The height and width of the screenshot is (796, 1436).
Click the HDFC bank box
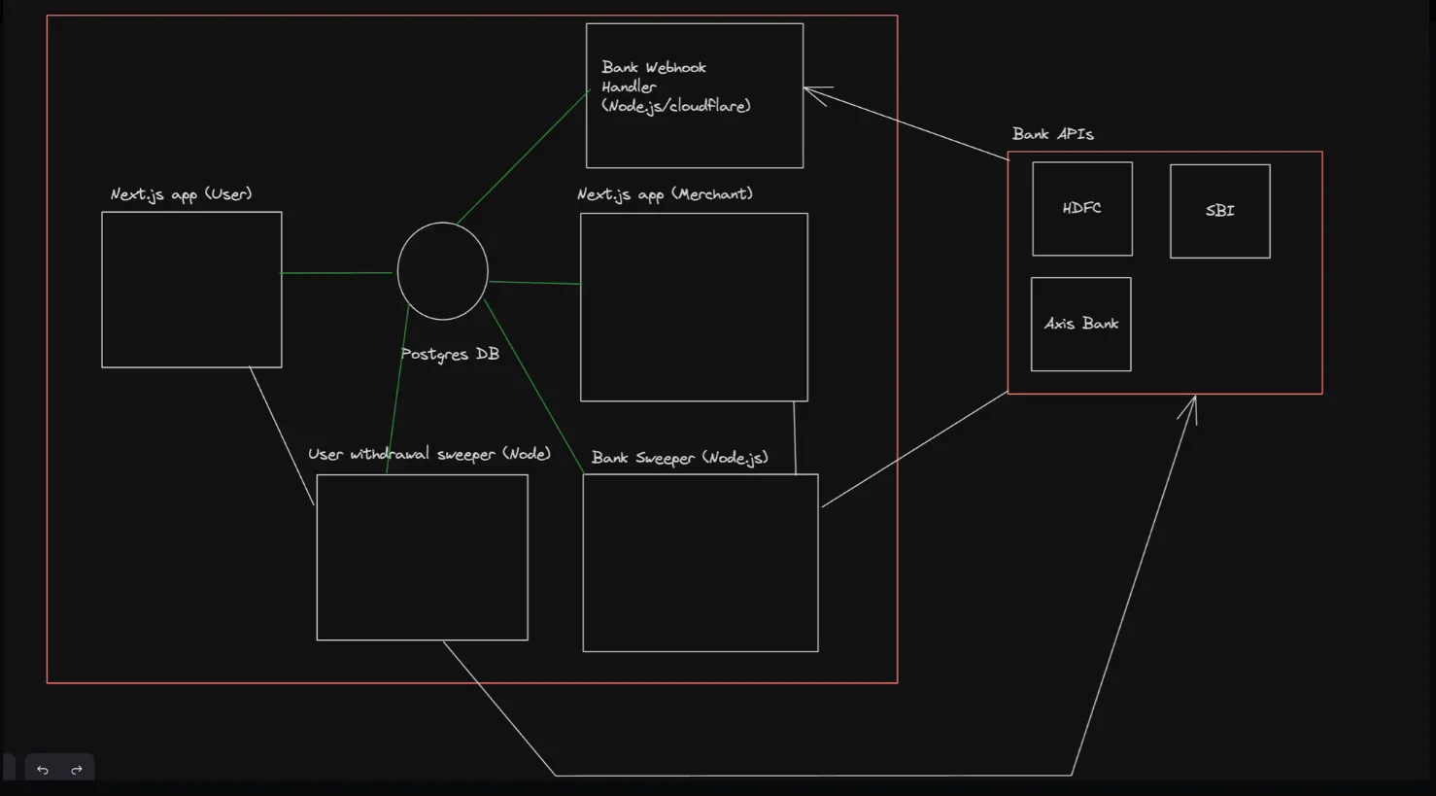pos(1082,208)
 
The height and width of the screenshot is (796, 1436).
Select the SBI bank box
pos(1220,211)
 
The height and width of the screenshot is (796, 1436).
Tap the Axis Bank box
pos(1080,324)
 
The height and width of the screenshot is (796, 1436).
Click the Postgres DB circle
pos(442,270)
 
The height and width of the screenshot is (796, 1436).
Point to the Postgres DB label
pos(450,354)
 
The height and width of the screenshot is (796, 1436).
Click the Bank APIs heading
pos(1053,134)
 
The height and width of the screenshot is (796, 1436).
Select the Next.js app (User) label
pos(182,194)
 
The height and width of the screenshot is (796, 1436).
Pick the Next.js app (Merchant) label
pos(665,194)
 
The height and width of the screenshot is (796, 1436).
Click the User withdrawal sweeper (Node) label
pos(429,454)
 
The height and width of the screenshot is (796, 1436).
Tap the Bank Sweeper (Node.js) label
pos(679,458)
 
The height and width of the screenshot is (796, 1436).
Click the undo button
pos(43,769)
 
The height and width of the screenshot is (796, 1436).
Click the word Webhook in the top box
pos(675,67)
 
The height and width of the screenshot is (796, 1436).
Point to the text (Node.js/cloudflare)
pos(675,106)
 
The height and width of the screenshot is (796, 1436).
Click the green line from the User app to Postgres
pos(336,273)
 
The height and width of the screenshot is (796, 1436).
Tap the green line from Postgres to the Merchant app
pos(534,282)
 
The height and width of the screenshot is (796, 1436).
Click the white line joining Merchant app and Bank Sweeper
pos(795,438)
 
